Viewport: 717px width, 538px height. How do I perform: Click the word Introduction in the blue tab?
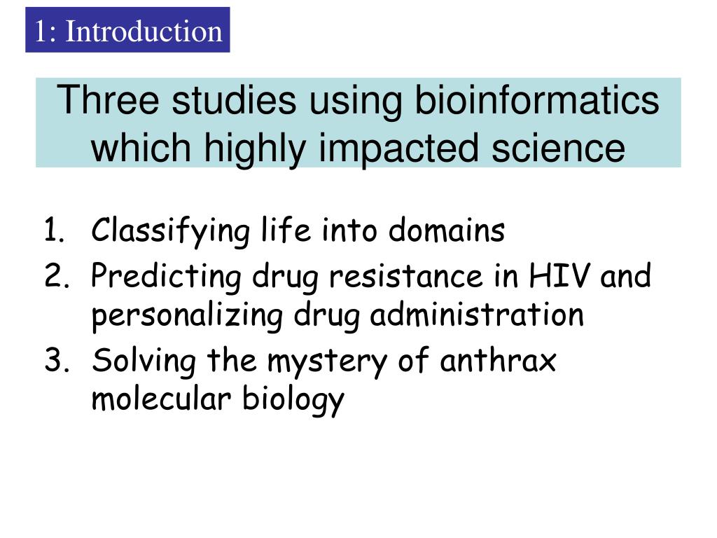pos(144,32)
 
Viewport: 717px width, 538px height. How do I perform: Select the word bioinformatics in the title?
pos(537,100)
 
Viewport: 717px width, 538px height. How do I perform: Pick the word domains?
pos(447,230)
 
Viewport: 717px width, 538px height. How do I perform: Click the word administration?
pos(477,315)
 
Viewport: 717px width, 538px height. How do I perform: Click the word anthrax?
pos(498,361)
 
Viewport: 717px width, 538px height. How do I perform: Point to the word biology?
pos(293,400)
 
